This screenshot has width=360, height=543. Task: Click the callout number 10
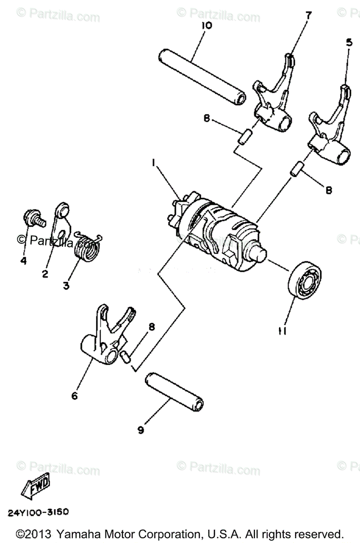tap(206, 26)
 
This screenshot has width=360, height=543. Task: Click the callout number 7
tap(308, 15)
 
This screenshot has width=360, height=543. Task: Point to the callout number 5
tap(348, 43)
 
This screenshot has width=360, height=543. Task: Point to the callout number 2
tap(45, 273)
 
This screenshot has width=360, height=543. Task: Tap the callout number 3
tap(66, 286)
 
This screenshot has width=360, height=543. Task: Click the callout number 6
tap(74, 395)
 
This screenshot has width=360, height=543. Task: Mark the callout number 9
tap(141, 430)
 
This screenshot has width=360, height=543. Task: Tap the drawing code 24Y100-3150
tap(38, 513)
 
